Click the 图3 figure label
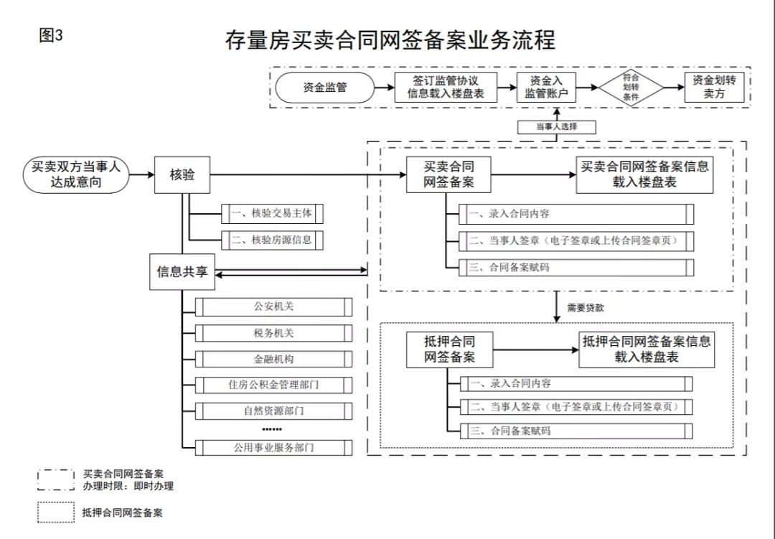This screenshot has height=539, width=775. click(x=51, y=37)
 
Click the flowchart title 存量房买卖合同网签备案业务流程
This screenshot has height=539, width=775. click(x=390, y=40)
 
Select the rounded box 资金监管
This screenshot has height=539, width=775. click(x=325, y=88)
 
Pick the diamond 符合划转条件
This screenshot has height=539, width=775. click(x=631, y=87)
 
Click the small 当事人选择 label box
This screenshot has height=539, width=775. click(x=556, y=126)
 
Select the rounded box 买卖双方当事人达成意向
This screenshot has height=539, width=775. click(x=76, y=174)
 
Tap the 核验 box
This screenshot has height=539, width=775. click(x=182, y=174)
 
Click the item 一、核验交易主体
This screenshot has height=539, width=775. click(x=271, y=213)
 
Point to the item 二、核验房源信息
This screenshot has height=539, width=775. click(x=271, y=240)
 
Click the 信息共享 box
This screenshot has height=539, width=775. click(x=182, y=271)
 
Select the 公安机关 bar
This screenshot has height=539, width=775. click(x=273, y=306)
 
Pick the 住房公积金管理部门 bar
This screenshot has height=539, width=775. click(x=273, y=385)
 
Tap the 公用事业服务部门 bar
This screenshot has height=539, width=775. click(x=273, y=447)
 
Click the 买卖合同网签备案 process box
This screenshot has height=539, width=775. click(x=449, y=174)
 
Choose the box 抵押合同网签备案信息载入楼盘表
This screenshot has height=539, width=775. click(x=646, y=350)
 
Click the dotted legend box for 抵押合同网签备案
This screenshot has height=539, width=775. click(x=56, y=512)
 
